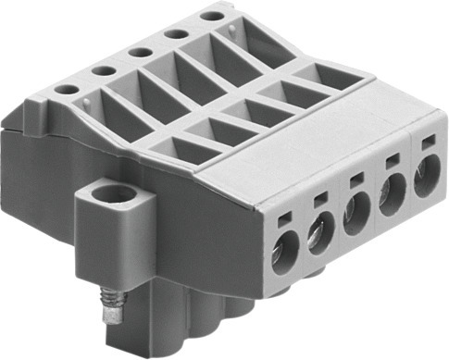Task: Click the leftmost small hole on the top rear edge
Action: pos(68,90)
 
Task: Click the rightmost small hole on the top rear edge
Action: pos(212,16)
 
